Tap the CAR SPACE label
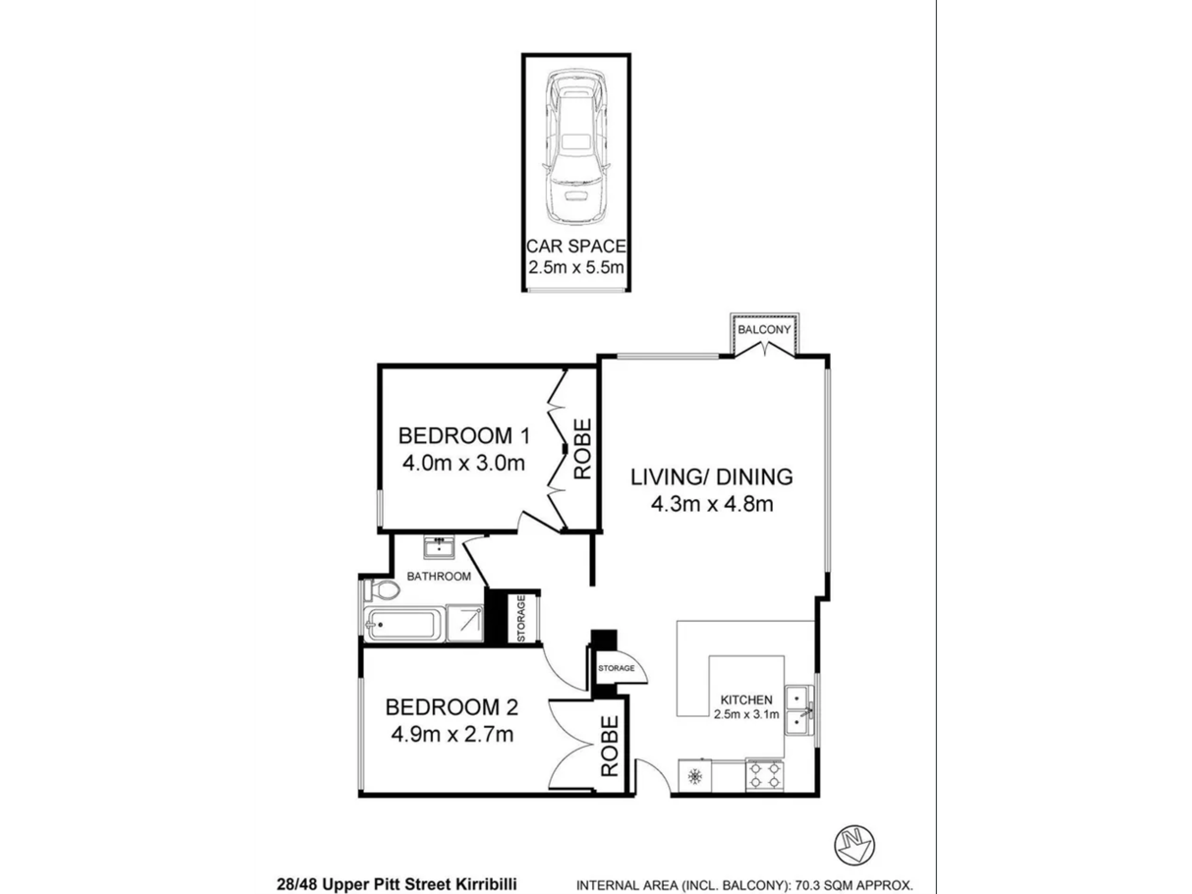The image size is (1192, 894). pyautogui.click(x=576, y=246)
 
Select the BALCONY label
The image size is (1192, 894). pyautogui.click(x=764, y=330)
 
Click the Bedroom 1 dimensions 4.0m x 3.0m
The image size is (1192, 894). pyautogui.click(x=463, y=463)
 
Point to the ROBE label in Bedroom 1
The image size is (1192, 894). pyautogui.click(x=582, y=449)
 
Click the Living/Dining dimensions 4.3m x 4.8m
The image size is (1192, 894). pyautogui.click(x=712, y=504)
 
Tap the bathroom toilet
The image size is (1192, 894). pyautogui.click(x=381, y=590)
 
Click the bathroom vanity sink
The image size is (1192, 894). pyautogui.click(x=439, y=547)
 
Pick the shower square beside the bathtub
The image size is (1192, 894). pyautogui.click(x=465, y=623)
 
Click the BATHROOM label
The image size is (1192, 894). pyautogui.click(x=439, y=576)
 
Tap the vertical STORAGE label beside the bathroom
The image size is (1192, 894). pyautogui.click(x=521, y=619)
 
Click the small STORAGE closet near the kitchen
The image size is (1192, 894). pyautogui.click(x=616, y=668)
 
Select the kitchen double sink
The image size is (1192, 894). pyautogui.click(x=799, y=710)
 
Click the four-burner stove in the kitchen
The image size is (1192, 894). pyautogui.click(x=765, y=775)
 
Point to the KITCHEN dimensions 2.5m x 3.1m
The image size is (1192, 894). pyautogui.click(x=746, y=714)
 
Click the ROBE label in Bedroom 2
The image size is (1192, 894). pyautogui.click(x=609, y=746)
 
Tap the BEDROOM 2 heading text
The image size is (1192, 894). pyautogui.click(x=451, y=707)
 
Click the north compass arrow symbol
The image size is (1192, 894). pyautogui.click(x=855, y=845)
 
